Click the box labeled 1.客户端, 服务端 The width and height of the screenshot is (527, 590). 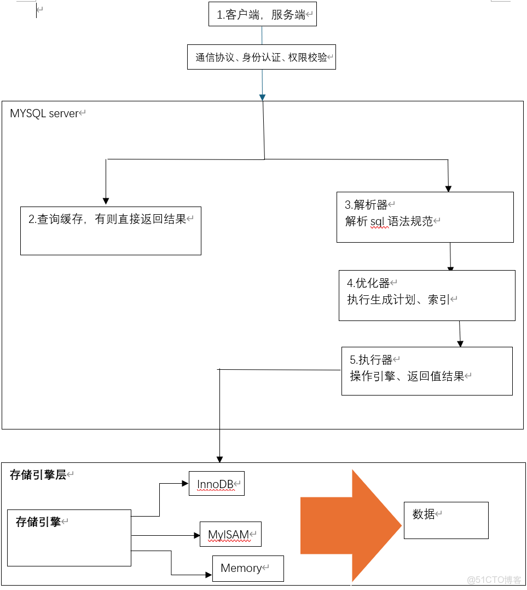pos(263,14)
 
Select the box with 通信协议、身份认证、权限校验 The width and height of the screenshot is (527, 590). pos(261,57)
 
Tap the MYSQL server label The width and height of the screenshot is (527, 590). pos(44,114)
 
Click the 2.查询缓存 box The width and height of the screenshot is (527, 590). pos(111,230)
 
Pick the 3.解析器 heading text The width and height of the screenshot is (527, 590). pos(366,205)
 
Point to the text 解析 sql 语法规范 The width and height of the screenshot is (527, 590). pos(389,221)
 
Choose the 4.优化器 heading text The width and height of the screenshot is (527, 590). pos(368,283)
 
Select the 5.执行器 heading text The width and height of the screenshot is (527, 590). pos(371,360)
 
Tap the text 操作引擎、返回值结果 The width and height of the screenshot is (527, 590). pos(407,376)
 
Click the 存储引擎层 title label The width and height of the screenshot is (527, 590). pos(38,475)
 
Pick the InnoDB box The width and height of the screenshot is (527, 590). pos(216,484)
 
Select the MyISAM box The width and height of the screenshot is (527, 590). pos(230,534)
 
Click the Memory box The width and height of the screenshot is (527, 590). pos(247,568)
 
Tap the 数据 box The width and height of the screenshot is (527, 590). pos(445,520)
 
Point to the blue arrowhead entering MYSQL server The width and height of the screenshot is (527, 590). pos(262,98)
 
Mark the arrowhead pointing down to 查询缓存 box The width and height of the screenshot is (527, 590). pos(106,201)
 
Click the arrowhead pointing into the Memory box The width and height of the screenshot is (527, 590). pos(209,575)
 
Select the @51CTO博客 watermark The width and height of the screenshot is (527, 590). pos(494,580)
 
